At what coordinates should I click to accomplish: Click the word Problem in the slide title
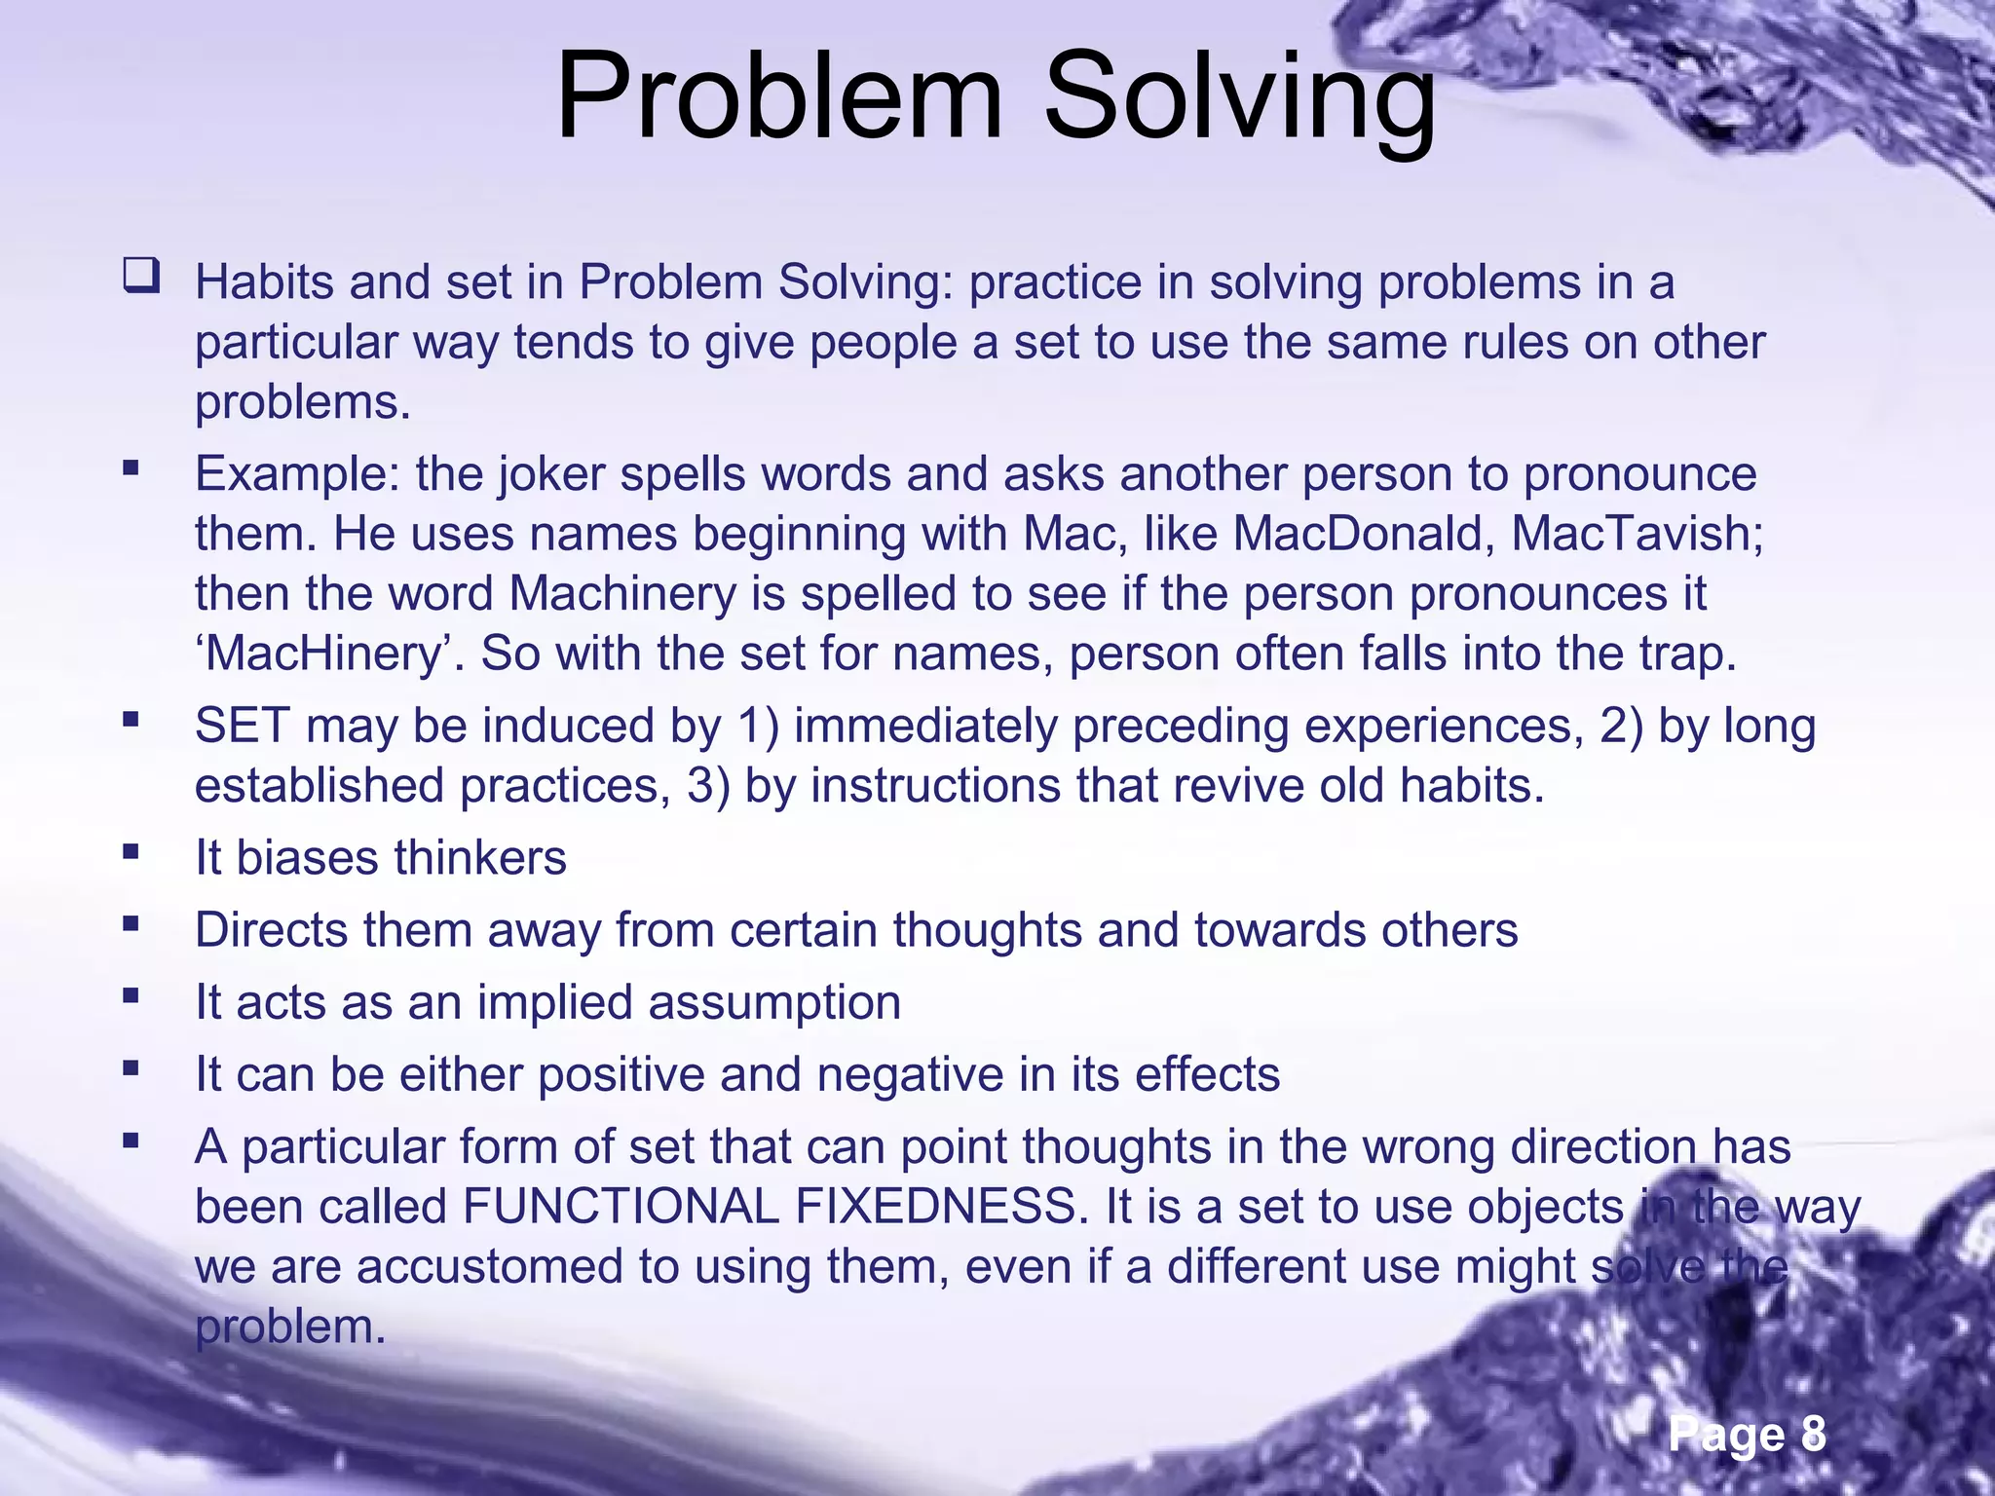[778, 97]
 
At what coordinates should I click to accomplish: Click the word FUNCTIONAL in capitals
[621, 1208]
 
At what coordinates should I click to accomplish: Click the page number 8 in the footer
[1812, 1435]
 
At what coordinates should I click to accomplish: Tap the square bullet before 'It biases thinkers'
[131, 852]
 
